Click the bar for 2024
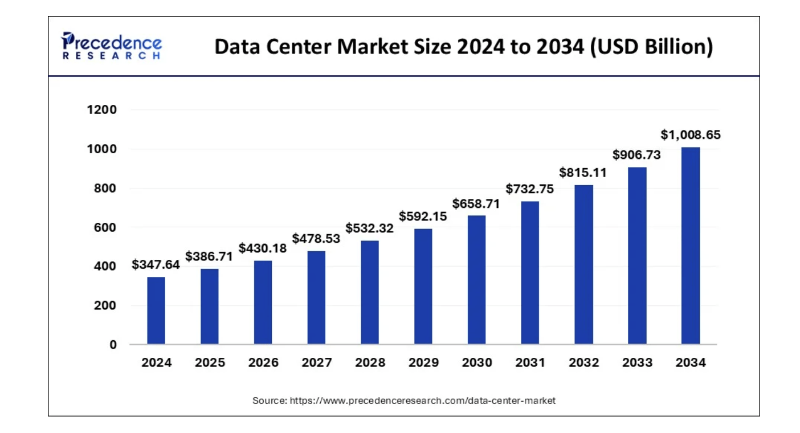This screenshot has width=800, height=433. click(x=156, y=311)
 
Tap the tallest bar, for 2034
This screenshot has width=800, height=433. click(x=691, y=246)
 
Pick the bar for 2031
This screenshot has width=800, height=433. click(x=530, y=272)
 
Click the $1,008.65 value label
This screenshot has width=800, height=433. click(x=691, y=135)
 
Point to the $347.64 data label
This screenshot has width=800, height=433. click(x=156, y=264)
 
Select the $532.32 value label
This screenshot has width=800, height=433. click(x=370, y=228)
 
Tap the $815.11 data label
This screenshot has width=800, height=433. click(x=583, y=172)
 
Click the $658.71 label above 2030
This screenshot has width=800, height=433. click(x=476, y=203)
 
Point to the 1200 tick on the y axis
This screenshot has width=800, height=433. click(x=101, y=110)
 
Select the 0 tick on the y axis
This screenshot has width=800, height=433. click(x=113, y=345)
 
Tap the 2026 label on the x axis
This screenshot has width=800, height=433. click(x=263, y=363)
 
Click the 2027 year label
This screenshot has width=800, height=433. click(x=316, y=363)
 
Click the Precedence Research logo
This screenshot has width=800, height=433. click(x=111, y=46)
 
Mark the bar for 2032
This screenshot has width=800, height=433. click(x=583, y=264)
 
